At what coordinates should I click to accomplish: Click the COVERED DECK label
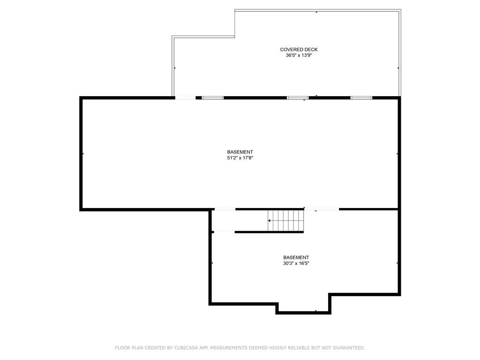pos(299,50)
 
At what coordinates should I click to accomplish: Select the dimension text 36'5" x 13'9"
pos(299,55)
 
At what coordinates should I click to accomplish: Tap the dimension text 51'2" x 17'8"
pos(240,158)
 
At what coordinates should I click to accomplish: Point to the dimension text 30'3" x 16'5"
pos(296,263)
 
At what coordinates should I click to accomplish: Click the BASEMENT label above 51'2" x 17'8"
pos(240,152)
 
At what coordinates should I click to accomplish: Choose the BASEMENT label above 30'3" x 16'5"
pos(296,257)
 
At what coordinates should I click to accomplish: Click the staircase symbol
pos(286,220)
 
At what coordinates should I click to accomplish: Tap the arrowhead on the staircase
pos(269,220)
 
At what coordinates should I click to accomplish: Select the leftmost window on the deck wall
pos(213,98)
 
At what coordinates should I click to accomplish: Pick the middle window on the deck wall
pos(298,98)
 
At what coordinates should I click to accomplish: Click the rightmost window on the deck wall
pos(361,98)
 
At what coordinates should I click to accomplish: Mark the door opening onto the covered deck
pos(185,98)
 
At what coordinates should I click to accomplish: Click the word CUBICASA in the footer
pos(186,348)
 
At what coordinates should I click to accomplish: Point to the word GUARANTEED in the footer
pos(349,348)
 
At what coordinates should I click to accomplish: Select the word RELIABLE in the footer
pos(302,348)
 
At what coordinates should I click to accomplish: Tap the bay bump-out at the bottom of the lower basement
pos(303,307)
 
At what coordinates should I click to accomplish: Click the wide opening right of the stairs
pos(322,210)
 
